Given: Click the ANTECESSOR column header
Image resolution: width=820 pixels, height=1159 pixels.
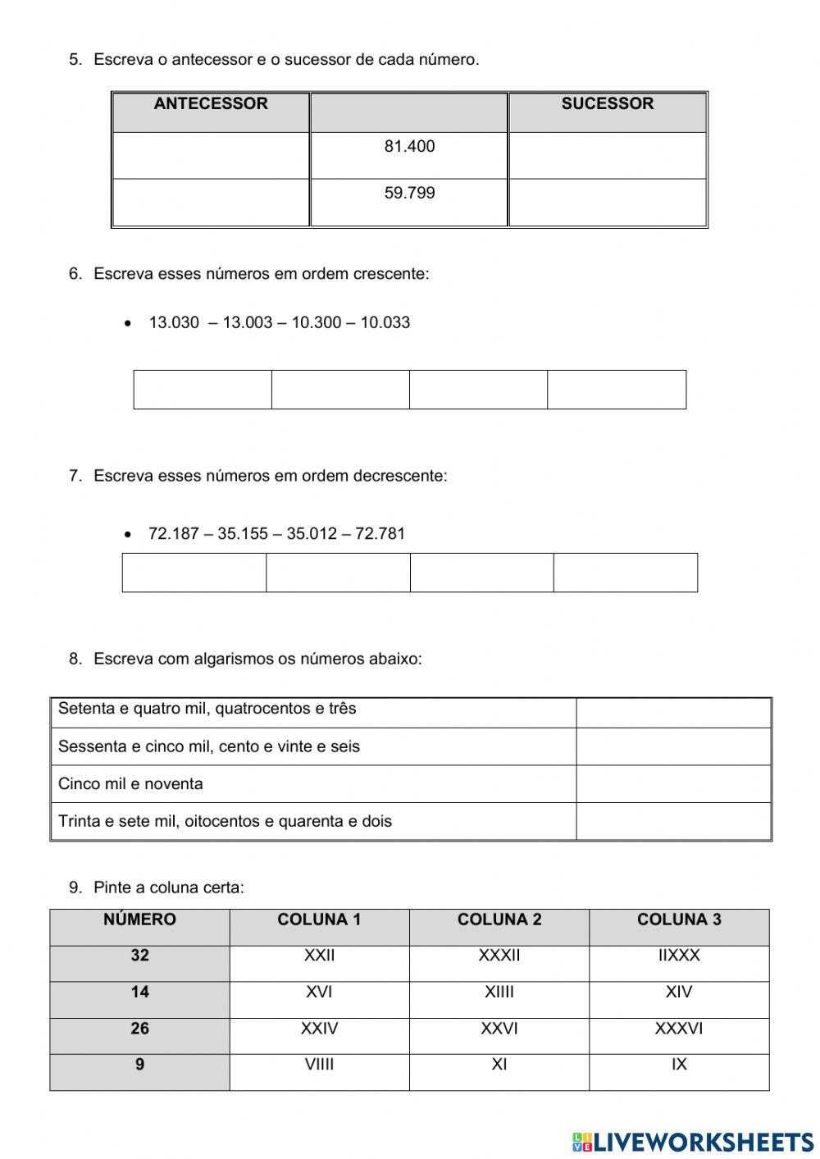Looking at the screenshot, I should point(211,104).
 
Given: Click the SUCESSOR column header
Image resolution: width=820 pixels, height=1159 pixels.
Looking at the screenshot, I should point(607,104).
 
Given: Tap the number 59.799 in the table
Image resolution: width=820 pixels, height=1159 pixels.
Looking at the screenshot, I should point(409,194).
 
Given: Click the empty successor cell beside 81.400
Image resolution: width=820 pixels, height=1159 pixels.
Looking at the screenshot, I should point(607,155).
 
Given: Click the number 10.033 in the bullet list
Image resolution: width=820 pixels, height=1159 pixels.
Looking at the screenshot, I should point(385,322).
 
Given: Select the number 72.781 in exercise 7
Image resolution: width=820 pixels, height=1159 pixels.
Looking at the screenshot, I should point(380,534).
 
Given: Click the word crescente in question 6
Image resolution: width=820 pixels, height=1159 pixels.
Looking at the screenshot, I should point(390,274).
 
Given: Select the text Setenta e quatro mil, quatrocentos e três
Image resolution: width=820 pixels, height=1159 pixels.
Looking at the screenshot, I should point(207,709).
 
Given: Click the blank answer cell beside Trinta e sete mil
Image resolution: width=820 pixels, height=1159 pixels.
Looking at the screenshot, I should point(673,821).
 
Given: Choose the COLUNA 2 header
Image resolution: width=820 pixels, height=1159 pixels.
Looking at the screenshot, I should point(499,919).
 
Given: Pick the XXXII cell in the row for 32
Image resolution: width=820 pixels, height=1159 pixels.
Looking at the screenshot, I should point(499,956).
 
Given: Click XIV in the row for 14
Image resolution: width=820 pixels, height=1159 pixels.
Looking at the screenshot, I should point(679,992).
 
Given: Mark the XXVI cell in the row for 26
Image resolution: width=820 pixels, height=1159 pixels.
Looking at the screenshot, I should point(499,1029).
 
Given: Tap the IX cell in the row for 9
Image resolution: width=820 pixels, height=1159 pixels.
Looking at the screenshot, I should point(679,1065).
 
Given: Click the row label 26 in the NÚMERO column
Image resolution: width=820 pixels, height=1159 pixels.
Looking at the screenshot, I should point(139,1029).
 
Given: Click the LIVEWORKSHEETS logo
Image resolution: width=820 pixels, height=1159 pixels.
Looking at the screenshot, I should point(693,1141).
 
